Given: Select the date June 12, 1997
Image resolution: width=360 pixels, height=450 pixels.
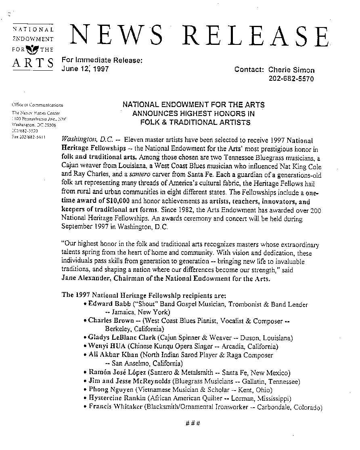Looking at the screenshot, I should point(85,69).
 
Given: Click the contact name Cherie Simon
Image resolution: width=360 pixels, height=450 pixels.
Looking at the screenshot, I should point(291,70).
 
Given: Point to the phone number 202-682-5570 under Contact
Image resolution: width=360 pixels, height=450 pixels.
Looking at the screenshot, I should point(291,79).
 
